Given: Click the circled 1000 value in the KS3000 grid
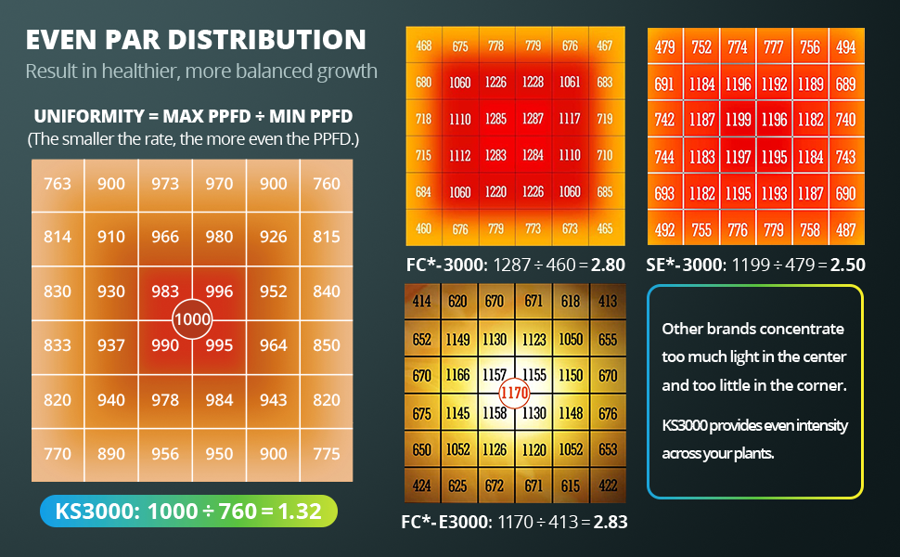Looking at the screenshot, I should pos(192,318).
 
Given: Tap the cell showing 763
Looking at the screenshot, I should pos(58,184).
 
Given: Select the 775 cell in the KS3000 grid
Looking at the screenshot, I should pos(327,454).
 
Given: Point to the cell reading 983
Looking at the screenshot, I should pos(165,291).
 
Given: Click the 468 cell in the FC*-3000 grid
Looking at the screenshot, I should pos(423,45).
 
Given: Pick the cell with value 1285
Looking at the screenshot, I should pos(495,119).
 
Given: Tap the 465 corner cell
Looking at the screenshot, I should pos(604,228).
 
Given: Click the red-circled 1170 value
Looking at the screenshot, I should pos(515,393).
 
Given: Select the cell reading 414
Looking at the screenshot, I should pos(422,301).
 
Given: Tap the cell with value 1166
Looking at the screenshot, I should pos(458,375).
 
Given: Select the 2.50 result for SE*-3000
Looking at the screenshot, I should pos(847,265).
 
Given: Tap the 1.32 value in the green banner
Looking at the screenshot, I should pos(305,512).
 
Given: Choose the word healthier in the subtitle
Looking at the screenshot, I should pos(132,71).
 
